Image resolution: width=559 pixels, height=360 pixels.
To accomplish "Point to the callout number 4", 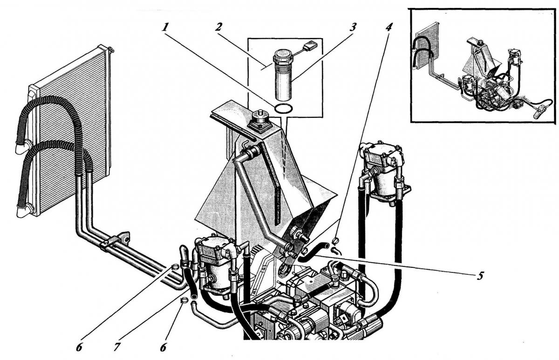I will coord(389,27).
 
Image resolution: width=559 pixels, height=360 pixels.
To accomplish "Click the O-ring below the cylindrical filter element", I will coord(284,109).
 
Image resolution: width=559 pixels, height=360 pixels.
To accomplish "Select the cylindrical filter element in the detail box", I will coord(283,82).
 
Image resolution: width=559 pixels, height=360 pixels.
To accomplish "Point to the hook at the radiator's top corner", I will coord(110,48).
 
